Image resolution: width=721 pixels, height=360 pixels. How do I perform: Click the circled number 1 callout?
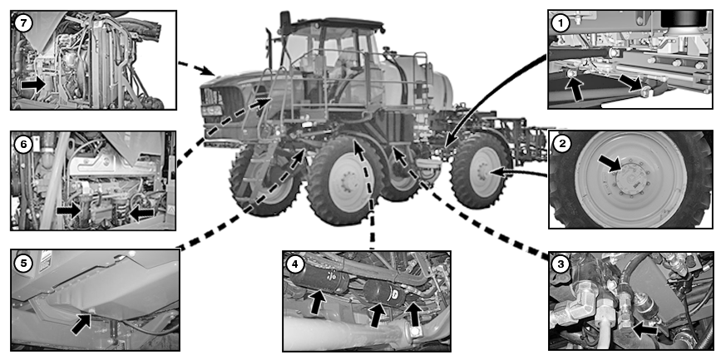pyautogui.click(x=562, y=23)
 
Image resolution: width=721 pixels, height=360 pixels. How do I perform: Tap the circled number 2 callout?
pyautogui.click(x=562, y=143)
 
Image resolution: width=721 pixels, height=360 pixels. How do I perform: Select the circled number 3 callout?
pyautogui.click(x=562, y=264)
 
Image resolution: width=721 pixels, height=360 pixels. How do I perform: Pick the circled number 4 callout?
pyautogui.click(x=294, y=264)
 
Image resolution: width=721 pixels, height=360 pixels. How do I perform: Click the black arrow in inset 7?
pyautogui.click(x=33, y=84)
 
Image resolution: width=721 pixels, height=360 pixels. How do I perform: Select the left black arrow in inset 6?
pyautogui.click(x=69, y=211)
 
